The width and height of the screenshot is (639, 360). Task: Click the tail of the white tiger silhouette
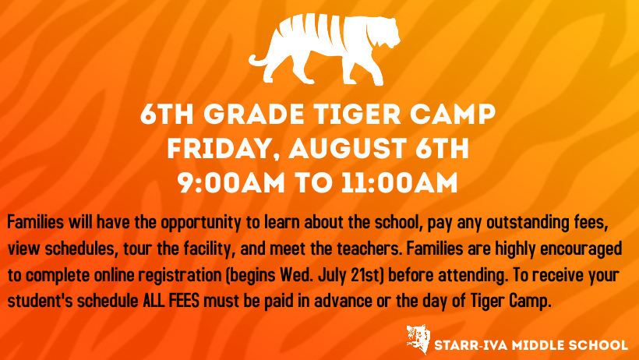pyautogui.click(x=259, y=60)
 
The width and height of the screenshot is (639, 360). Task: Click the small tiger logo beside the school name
pyautogui.click(x=418, y=339)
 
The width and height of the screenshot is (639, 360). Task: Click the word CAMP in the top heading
pyautogui.click(x=453, y=115)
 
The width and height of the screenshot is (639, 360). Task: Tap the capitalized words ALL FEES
pyautogui.click(x=171, y=301)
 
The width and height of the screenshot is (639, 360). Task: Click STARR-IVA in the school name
pyautogui.click(x=471, y=345)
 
